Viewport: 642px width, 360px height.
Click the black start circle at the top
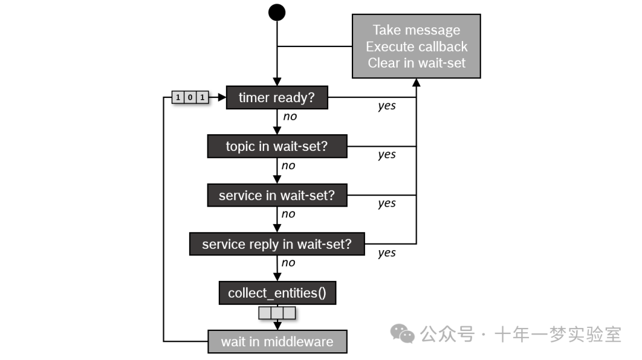(277, 12)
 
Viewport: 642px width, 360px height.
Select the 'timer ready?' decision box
(276, 97)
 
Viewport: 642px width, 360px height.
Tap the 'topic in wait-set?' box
(276, 146)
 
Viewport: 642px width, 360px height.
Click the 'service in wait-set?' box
(276, 195)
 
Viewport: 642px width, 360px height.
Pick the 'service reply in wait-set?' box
(276, 244)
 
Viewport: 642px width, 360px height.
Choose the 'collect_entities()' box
(277, 293)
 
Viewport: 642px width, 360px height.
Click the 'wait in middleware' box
(277, 342)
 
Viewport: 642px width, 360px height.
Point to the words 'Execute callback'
(416, 46)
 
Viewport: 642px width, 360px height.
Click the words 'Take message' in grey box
(416, 30)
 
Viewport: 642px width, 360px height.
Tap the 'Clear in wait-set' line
(416, 63)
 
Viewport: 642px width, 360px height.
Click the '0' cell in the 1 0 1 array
(190, 97)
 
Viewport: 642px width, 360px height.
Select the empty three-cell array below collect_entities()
(277, 312)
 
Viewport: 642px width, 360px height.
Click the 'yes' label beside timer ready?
(387, 106)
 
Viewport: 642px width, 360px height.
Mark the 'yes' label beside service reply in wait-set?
(387, 253)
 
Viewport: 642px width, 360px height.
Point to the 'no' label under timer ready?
(289, 116)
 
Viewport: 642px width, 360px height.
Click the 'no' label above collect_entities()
(288, 263)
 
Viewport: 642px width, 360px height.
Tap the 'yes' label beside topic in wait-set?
(387, 155)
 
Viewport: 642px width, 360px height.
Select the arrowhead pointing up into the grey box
(416, 83)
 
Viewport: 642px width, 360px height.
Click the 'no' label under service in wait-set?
(288, 214)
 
